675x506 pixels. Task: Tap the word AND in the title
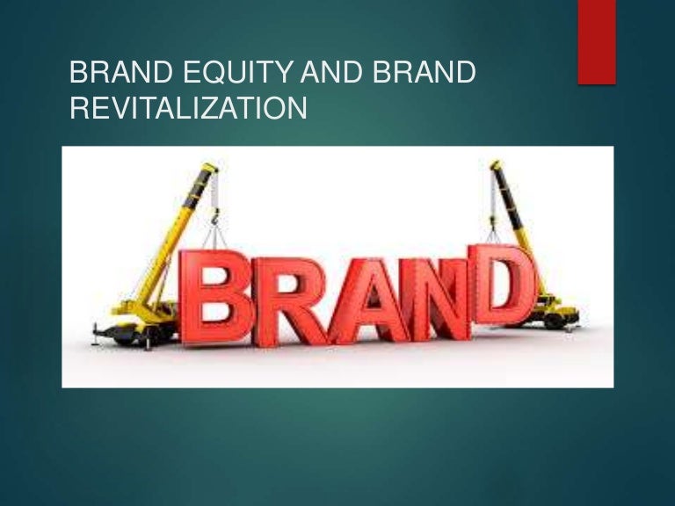click(x=338, y=76)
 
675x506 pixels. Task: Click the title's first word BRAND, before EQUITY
click(x=119, y=76)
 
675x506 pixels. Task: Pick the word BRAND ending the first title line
click(x=425, y=76)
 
